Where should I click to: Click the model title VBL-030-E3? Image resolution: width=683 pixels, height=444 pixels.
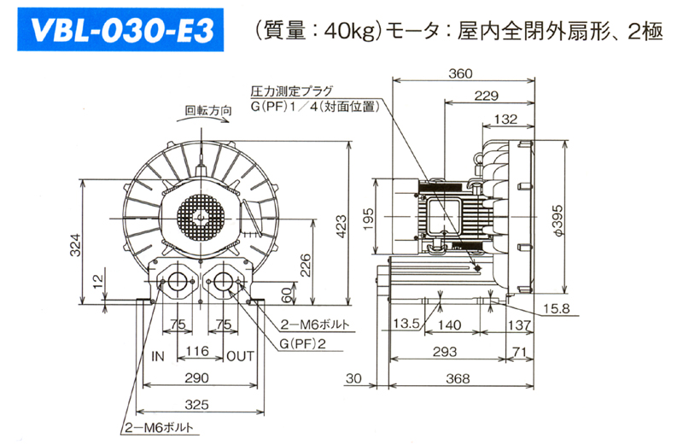pos(122,32)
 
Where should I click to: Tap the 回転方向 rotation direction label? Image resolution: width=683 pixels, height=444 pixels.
pos(208,110)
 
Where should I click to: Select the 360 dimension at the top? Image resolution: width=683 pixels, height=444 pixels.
pos(460,74)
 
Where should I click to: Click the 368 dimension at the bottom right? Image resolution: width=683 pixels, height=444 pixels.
pos(460,378)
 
